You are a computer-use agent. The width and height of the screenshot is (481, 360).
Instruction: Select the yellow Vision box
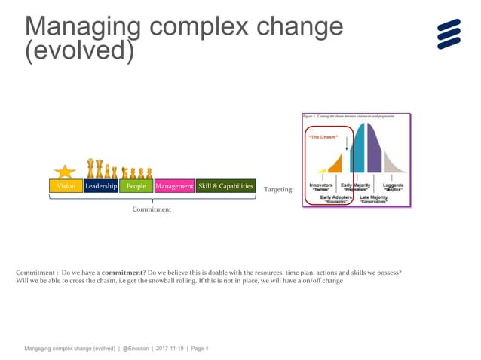click(65, 186)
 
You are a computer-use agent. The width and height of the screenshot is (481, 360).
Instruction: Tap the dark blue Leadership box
click(101, 186)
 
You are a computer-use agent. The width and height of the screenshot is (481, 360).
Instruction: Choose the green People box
click(136, 186)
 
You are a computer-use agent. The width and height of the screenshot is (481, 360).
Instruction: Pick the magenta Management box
click(174, 186)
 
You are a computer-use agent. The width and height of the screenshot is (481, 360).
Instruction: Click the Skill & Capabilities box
click(225, 186)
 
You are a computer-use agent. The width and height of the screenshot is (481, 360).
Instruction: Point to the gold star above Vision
click(65, 171)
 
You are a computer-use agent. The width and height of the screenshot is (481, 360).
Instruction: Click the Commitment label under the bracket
click(152, 209)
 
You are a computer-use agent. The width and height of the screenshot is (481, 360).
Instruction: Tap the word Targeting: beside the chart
click(279, 191)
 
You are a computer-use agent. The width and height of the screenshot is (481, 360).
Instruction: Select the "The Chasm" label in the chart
click(320, 137)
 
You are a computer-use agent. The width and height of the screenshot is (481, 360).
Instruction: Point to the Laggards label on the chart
click(392, 185)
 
